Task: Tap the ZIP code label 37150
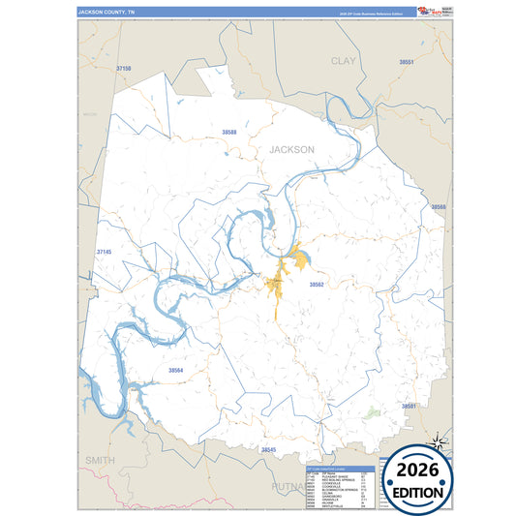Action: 122,70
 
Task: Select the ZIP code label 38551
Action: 407,62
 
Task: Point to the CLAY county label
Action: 344,60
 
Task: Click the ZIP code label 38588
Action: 229,131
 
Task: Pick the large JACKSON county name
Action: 291,150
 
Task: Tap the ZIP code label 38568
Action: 438,207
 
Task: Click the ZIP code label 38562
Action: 316,285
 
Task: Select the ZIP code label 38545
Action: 268,450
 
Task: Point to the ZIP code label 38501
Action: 409,406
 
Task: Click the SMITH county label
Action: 99,460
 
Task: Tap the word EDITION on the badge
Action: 420,492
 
